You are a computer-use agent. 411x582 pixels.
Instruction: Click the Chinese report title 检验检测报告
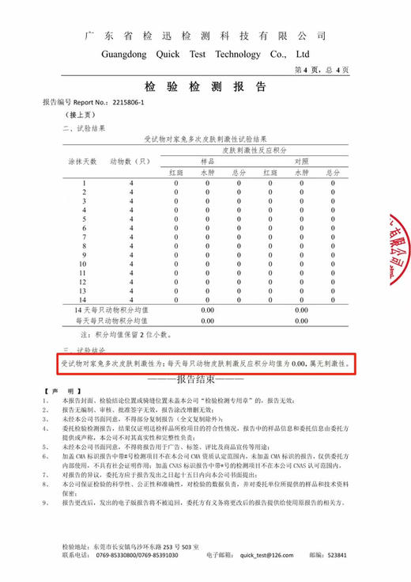[205, 87]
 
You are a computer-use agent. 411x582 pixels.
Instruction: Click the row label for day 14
[84, 299]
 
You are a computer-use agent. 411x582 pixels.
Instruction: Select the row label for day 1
[84, 183]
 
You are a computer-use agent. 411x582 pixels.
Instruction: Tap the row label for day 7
[84, 237]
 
